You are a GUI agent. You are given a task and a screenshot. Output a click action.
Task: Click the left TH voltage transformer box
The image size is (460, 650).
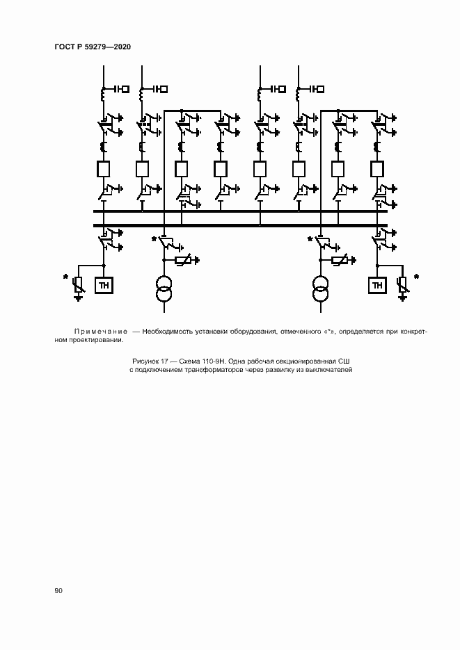coord(104,285)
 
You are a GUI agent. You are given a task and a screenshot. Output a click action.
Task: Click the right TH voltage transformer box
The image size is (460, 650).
coord(377,285)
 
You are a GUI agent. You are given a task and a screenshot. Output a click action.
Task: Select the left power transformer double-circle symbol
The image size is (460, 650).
coord(164,289)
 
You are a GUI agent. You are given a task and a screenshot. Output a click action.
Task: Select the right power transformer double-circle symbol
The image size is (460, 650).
coord(320,289)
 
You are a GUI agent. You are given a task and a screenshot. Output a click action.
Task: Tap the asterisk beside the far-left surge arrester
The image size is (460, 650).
coord(65,277)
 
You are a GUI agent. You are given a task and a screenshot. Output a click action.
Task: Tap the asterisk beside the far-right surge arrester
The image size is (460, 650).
coord(416,277)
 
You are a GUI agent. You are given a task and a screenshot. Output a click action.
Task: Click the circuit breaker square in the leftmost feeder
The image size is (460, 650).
coord(103,169)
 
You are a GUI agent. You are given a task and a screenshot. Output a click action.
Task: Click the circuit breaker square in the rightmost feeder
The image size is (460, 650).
coord(376,169)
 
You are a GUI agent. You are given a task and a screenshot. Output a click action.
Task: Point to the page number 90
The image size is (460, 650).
coord(58,590)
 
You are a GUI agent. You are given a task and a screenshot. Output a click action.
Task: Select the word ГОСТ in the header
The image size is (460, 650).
coord(65,47)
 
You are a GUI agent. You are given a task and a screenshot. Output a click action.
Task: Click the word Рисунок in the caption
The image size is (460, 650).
coord(144,361)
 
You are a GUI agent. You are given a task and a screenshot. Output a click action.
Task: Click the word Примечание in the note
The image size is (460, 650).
coord(101,332)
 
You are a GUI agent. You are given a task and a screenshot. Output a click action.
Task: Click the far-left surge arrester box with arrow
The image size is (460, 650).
coord(78,285)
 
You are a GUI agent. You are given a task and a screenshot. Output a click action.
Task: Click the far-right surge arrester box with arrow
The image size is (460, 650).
coord(402,285)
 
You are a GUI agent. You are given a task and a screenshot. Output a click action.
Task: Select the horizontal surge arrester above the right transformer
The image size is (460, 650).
coord(340,260)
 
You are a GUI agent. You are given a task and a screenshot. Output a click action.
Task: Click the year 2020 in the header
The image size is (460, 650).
coord(122,47)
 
